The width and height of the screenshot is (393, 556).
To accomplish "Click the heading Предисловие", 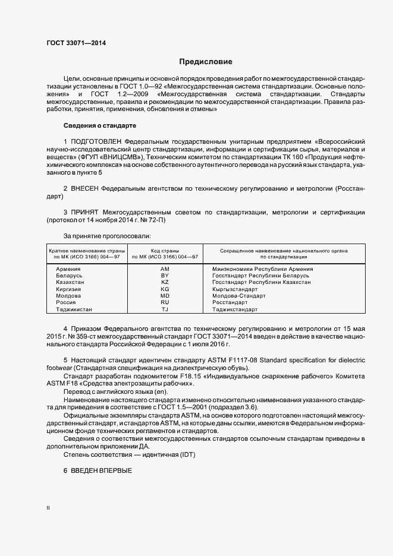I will pos(206,62).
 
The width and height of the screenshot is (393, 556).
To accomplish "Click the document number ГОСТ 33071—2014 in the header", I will pos(77,43).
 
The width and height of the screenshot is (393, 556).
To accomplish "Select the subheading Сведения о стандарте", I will pos(100,126).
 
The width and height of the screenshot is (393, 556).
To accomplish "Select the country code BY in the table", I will pos(165,276).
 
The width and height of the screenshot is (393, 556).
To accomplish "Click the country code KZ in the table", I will pos(165,282).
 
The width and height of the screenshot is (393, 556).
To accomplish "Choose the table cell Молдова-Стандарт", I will pos(238,296).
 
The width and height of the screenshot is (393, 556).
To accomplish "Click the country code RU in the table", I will pos(165,302).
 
